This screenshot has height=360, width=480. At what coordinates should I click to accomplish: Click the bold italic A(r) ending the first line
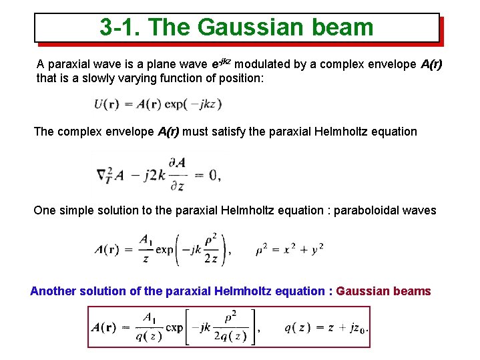coord(431,65)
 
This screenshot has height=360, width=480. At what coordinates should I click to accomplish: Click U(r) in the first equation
coord(107,104)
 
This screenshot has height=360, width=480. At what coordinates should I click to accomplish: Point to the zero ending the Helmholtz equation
coord(214,176)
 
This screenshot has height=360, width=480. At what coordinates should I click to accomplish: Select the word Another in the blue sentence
coord(53,291)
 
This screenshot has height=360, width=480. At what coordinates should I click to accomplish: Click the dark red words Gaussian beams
coord(384,291)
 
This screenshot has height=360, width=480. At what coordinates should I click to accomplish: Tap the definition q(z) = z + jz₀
coord(326,327)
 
